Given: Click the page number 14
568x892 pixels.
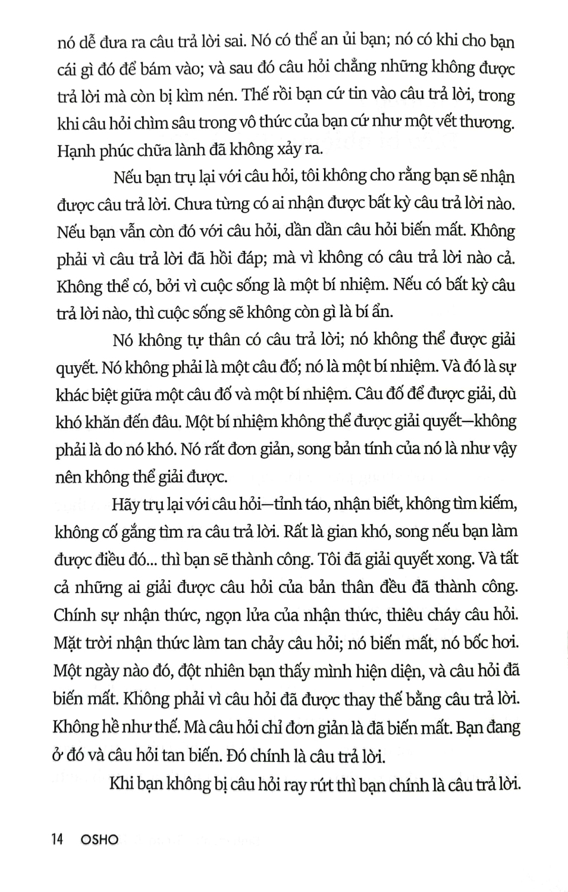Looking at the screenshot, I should (57, 839).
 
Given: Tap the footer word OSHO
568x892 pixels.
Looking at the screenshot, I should (99, 839).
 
